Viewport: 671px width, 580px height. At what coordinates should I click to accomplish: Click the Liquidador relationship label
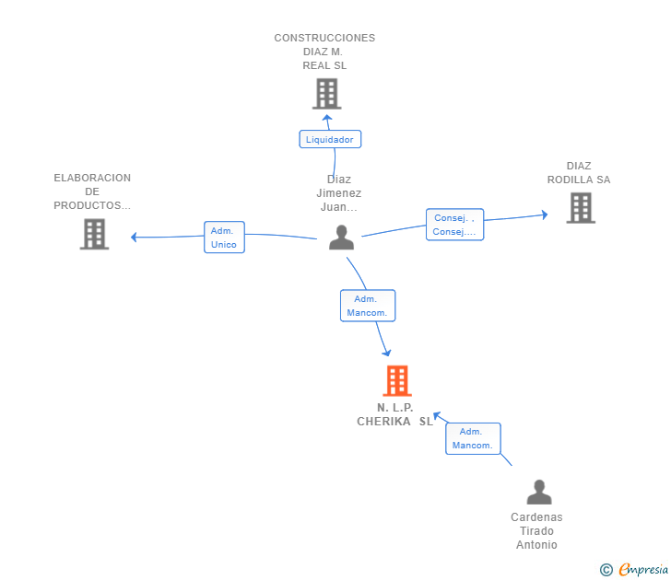(330, 139)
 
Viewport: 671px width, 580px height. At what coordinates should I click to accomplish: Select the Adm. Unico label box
(224, 238)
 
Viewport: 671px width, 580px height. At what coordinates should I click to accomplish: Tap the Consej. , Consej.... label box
(455, 225)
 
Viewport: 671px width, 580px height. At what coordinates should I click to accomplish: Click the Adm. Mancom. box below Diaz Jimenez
(368, 306)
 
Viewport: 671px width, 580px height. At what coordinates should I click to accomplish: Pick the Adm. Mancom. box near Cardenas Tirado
(473, 438)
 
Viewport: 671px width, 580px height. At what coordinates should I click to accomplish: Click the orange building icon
(397, 381)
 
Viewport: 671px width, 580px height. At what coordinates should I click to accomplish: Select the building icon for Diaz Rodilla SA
(581, 208)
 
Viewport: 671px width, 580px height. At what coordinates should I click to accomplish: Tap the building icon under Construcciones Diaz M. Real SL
(327, 94)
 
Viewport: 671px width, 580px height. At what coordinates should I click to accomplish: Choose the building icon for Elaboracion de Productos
(95, 234)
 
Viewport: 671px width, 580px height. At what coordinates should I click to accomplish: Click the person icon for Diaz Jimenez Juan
(341, 238)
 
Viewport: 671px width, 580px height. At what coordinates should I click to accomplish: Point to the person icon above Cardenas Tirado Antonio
(539, 492)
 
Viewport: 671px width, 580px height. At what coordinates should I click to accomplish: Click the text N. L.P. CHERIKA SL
(395, 414)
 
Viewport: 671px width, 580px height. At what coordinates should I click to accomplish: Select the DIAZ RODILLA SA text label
(579, 173)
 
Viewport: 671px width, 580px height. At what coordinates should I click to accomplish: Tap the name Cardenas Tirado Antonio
(536, 531)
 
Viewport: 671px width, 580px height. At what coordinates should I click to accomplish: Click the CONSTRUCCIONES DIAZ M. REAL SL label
(324, 52)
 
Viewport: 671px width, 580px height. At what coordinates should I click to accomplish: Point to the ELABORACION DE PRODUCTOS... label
(92, 191)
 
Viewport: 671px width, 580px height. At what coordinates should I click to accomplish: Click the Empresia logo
(643, 569)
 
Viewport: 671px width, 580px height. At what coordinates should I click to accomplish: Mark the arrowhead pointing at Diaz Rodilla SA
(545, 215)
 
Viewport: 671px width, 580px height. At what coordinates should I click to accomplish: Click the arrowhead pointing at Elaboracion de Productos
(134, 237)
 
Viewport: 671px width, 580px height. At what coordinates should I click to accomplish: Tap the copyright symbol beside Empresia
(606, 570)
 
